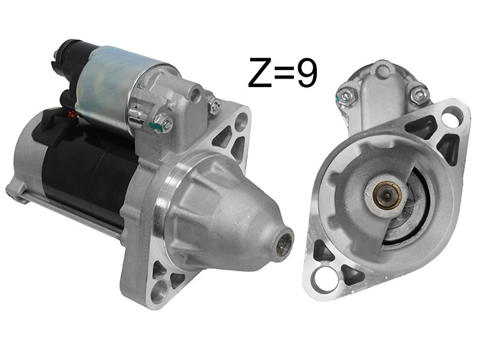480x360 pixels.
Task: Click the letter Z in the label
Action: pos(260,72)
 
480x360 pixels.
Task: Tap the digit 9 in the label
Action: pos(307,73)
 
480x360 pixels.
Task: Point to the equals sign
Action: pos(284,73)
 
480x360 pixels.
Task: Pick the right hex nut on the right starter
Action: pos(418,95)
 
